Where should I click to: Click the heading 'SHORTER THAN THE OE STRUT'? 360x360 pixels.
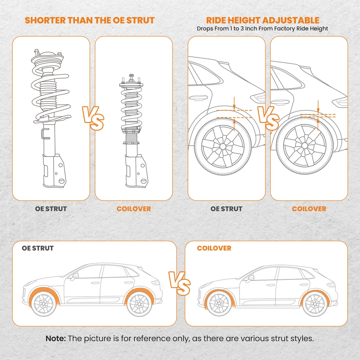click(x=90, y=20)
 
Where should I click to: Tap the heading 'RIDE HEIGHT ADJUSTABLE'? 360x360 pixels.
click(x=262, y=20)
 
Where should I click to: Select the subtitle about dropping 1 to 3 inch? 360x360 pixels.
click(x=262, y=28)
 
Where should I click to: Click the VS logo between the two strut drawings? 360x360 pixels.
click(x=93, y=118)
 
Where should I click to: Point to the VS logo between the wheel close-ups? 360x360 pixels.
click(x=268, y=118)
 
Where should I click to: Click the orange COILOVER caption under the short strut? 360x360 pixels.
click(x=134, y=209)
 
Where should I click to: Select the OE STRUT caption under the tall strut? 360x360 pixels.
click(x=51, y=209)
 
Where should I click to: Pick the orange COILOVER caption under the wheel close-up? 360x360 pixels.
click(x=309, y=209)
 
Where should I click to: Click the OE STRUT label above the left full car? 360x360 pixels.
click(x=38, y=248)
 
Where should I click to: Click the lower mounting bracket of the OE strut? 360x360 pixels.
click(x=54, y=171)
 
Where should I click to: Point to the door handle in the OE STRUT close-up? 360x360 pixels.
click(x=196, y=97)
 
